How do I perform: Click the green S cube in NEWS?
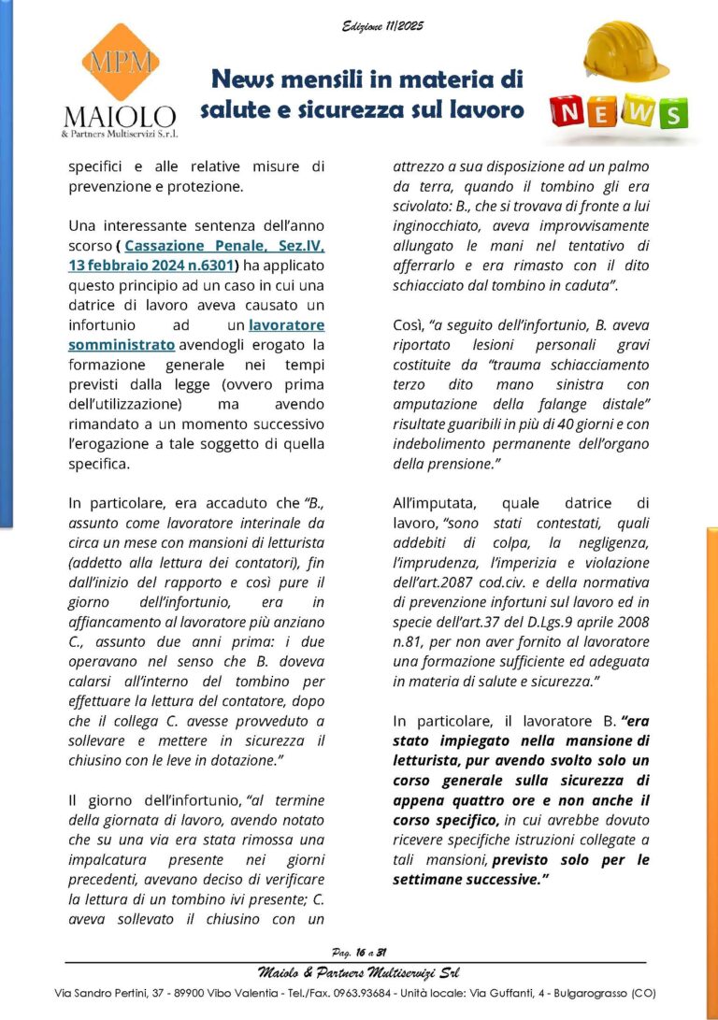point(670,113)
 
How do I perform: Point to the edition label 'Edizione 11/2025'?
point(382,25)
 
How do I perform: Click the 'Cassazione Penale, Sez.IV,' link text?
point(224,246)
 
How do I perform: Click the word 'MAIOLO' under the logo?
point(119,117)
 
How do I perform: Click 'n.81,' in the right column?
point(409,642)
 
